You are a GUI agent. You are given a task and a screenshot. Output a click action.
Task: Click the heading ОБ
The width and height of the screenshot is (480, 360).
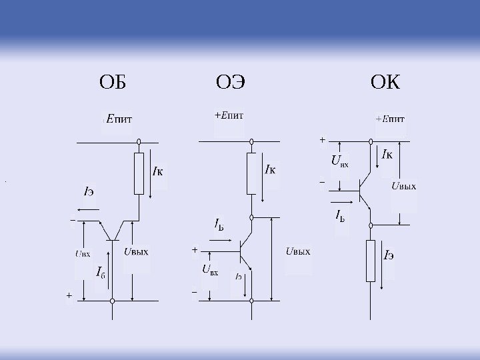click(112, 83)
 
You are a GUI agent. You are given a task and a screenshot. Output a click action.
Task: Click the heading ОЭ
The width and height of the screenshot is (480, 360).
click(231, 83)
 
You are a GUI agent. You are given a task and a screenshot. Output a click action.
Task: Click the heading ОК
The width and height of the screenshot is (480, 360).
click(385, 83)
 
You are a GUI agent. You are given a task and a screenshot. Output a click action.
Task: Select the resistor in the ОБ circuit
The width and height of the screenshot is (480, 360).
click(139, 173)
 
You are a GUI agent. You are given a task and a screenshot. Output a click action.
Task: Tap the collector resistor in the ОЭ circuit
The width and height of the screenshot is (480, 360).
click(252, 173)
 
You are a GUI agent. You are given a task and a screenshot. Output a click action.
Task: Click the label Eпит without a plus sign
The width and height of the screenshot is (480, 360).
click(119, 121)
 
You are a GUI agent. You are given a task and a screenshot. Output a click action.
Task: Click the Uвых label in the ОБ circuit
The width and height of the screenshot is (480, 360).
click(135, 251)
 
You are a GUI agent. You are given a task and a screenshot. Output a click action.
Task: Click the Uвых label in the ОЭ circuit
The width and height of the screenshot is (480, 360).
click(297, 251)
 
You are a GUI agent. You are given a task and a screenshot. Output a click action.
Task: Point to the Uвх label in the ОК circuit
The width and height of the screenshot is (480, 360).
click(339, 161)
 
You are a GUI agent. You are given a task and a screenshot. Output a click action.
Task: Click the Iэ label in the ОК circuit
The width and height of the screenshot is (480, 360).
click(389, 255)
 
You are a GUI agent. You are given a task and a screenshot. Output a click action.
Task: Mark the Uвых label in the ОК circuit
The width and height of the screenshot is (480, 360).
click(403, 186)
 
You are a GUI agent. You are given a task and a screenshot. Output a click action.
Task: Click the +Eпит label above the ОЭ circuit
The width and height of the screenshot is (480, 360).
click(229, 115)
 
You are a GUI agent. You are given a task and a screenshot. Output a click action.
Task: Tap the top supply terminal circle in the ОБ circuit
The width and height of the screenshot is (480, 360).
click(139, 142)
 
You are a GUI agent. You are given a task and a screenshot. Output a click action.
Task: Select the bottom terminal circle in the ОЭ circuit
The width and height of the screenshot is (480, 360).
click(252, 301)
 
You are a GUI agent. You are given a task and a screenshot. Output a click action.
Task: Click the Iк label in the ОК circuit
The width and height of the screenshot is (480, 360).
click(387, 155)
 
